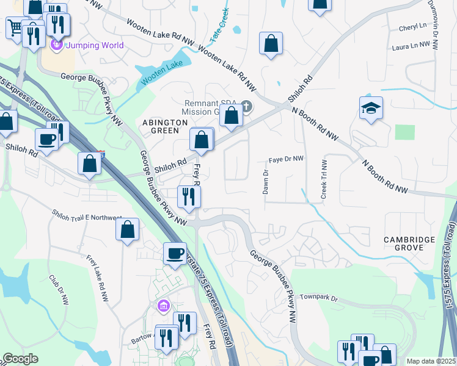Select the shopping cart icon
click(15, 27)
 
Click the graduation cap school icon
click(371, 107)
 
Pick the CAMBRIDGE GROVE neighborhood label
click(409, 244)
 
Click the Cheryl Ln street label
click(413, 27)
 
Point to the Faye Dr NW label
click(287, 159)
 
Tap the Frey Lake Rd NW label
click(97, 278)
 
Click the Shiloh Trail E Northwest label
click(87, 217)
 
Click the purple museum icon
click(163, 305)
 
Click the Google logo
click(20, 359)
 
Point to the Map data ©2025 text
click(431, 361)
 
